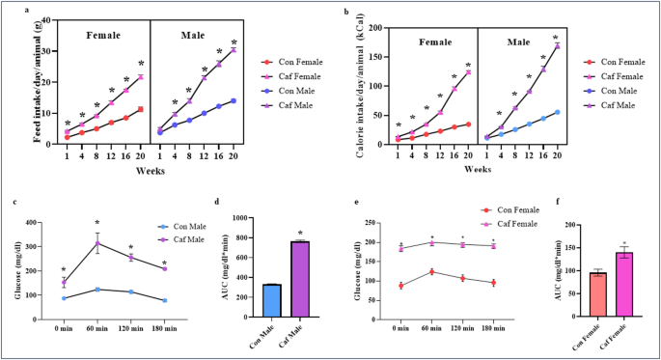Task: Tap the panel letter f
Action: coord(563,202)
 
